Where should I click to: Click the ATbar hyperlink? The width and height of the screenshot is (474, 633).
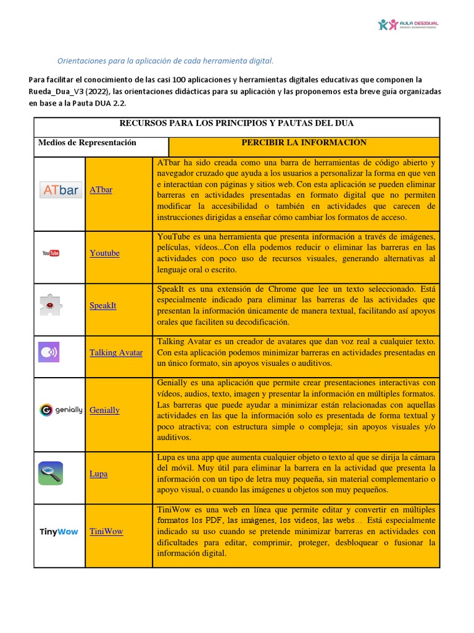(x=101, y=190)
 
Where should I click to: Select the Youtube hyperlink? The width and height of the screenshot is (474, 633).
(x=104, y=253)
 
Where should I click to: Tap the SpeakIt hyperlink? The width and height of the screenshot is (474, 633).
(x=102, y=305)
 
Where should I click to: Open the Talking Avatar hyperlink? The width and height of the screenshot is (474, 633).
(x=116, y=352)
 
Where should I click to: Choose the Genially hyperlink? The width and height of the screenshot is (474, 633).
(x=104, y=410)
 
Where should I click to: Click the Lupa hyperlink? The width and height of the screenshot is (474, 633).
(x=98, y=474)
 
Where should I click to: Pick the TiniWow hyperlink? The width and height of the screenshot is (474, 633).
(x=106, y=531)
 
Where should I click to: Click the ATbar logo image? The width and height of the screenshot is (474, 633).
(x=60, y=190)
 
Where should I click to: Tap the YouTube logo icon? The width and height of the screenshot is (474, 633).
(x=51, y=253)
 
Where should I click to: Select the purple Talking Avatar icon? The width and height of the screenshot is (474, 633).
(x=49, y=352)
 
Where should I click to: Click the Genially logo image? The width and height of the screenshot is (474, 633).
(x=60, y=409)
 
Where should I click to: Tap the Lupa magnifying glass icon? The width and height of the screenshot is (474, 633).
(x=50, y=474)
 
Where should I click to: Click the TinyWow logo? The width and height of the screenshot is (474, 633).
(x=59, y=532)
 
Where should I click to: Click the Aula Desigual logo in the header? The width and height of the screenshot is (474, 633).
(x=407, y=25)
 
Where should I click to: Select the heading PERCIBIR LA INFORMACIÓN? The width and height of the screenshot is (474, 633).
(x=304, y=143)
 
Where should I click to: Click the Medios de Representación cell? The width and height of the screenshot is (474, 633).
(x=87, y=143)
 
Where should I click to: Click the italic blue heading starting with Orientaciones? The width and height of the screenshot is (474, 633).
(x=165, y=61)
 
